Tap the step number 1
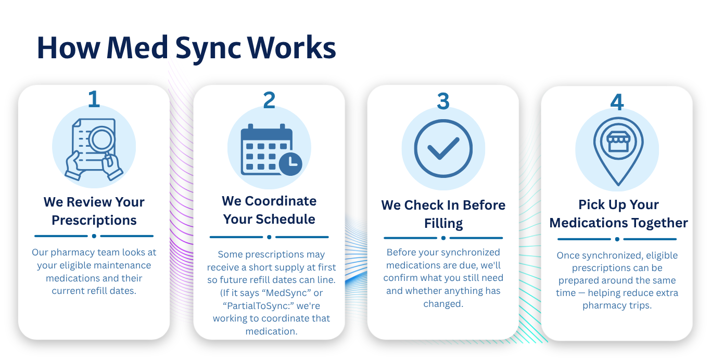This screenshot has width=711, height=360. point(94,99)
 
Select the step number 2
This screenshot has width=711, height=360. point(269,100)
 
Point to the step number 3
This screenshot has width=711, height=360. point(443,101)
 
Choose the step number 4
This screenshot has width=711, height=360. point(617,102)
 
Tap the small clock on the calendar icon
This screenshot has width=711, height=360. point(290,164)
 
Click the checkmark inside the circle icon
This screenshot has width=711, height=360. point(443,148)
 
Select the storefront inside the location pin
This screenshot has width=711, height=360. point(618,142)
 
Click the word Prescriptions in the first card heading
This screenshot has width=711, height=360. point(94,221)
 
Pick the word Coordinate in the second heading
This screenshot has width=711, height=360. point(281,201)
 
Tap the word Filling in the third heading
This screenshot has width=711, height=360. point(443,224)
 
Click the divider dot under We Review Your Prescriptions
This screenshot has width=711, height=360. point(94,236)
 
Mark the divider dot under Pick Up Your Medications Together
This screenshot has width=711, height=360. point(617,239)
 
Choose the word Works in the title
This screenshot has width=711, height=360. point(291,48)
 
